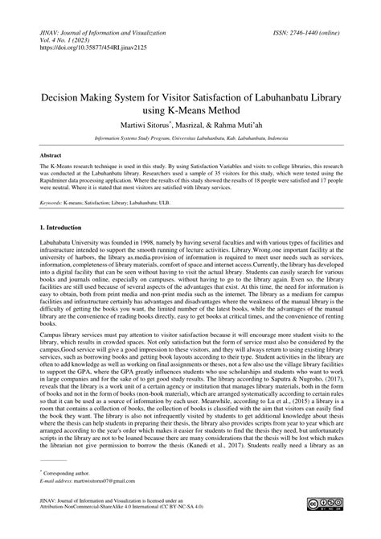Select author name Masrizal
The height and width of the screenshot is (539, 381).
(198, 130)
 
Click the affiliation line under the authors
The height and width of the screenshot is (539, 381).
(190, 143)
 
